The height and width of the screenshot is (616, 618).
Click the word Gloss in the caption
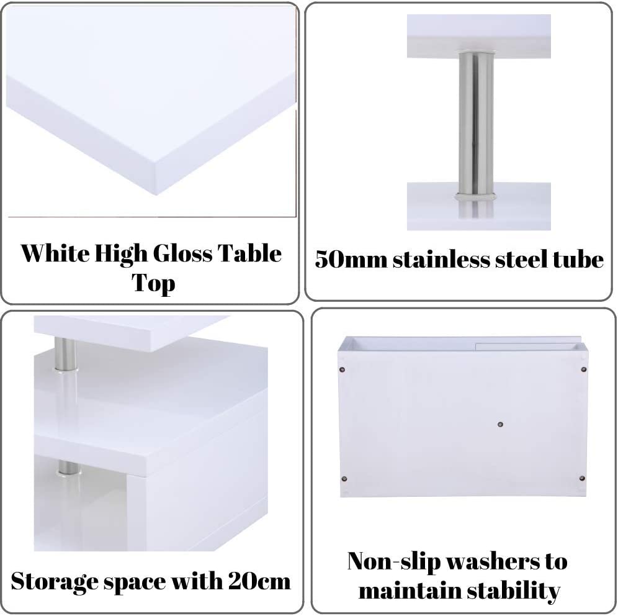coord(182,253)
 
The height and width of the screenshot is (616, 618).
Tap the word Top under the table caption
coord(153,284)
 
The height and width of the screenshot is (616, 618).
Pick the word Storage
coord(55,582)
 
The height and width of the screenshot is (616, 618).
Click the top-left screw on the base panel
coord(341,370)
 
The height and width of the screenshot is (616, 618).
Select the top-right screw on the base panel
coord(584,369)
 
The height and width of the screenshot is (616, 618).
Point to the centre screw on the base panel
coord(501,424)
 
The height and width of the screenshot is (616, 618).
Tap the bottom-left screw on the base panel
coord(344,479)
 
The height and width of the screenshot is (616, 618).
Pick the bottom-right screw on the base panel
coord(582,478)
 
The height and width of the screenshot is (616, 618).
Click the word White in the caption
coord(55,253)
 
